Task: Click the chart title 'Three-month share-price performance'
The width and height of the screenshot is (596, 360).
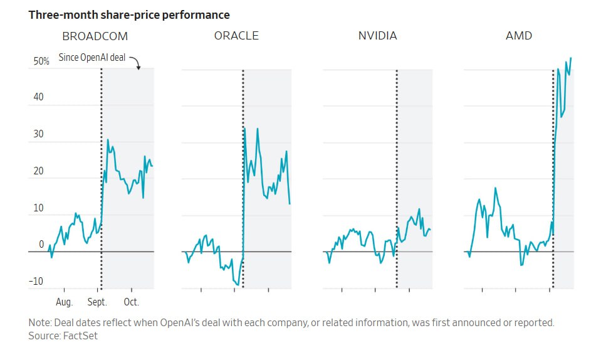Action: (129, 14)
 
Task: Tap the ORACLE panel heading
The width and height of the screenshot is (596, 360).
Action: (236, 36)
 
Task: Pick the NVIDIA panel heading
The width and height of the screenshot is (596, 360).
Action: (377, 36)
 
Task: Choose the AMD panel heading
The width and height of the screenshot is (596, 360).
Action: (518, 36)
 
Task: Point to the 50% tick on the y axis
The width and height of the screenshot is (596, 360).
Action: (41, 61)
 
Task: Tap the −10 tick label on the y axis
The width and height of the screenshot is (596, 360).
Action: (36, 282)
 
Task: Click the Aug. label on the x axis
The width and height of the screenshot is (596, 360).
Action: (65, 302)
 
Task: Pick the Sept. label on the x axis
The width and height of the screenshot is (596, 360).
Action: (97, 302)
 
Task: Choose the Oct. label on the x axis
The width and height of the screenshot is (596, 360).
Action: (131, 302)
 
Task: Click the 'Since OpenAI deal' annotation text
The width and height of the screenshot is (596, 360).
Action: (92, 58)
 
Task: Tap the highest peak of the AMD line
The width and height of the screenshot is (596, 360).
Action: (571, 58)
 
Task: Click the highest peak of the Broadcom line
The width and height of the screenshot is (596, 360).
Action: (108, 140)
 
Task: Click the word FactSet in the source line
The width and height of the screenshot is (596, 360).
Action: (80, 336)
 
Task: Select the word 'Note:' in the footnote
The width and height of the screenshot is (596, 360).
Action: (40, 323)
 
